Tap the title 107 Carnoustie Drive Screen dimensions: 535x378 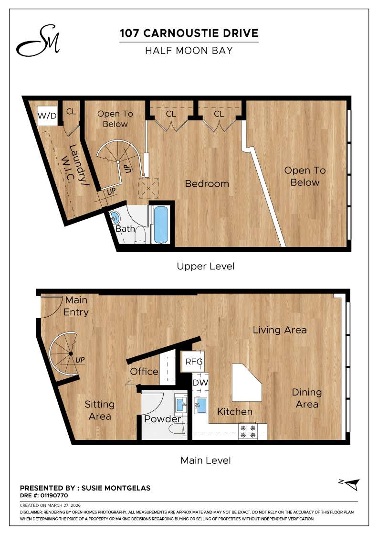click(189, 33)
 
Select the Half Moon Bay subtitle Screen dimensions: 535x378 click(189, 50)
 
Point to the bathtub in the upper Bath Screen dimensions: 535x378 click(160, 225)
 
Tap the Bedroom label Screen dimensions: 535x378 click(207, 183)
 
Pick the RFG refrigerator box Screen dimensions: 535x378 click(194, 362)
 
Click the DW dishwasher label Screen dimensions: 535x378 click(199, 383)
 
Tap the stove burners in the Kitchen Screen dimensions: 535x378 click(248, 431)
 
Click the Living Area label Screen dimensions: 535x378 click(279, 330)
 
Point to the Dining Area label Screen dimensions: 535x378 click(306, 398)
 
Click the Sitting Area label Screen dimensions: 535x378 click(99, 410)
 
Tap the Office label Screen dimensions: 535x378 click(144, 371)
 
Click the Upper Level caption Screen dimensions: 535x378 click(205, 266)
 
